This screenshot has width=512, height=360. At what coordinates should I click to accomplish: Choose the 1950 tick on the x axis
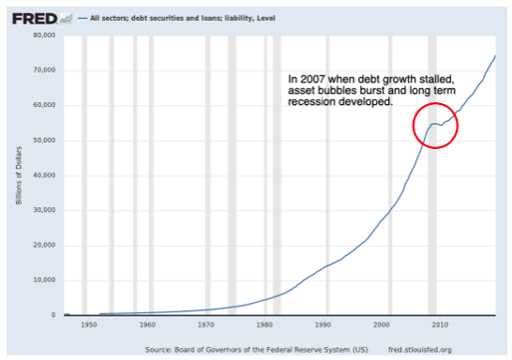89,325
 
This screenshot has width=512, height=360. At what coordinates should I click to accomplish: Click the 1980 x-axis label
264,325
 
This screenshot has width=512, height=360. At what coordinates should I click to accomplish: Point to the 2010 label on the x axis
438,325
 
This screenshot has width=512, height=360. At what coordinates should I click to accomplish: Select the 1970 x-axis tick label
205,325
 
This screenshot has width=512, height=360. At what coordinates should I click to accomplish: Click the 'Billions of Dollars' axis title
18,175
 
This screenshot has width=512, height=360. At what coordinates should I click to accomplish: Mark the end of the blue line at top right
495,56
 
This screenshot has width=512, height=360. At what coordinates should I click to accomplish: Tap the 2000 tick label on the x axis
380,325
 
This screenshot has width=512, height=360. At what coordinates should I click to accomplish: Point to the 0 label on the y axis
54,315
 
